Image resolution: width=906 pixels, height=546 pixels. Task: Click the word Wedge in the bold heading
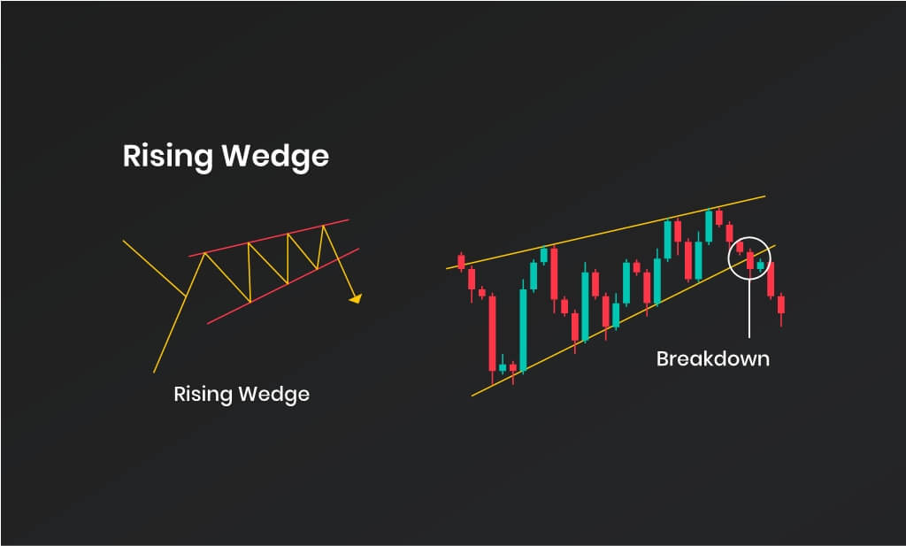tap(276, 156)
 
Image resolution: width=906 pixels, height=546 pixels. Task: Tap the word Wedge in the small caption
tap(274, 395)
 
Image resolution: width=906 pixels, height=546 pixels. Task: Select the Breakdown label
tap(713, 358)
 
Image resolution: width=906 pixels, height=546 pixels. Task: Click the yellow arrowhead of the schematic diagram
tap(356, 299)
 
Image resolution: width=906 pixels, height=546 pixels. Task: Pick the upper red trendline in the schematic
tap(269, 237)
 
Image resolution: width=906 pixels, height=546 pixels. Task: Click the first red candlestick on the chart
tap(461, 262)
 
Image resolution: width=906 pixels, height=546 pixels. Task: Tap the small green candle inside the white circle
tap(760, 265)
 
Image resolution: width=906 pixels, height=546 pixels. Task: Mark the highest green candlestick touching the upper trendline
tap(709, 226)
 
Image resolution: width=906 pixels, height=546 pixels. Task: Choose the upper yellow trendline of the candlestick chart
tap(606, 232)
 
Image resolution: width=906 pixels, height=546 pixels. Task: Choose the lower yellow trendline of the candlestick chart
tap(624, 320)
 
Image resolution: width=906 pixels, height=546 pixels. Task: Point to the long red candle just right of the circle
tap(771, 280)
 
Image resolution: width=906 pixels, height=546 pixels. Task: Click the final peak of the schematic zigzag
tap(324, 227)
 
